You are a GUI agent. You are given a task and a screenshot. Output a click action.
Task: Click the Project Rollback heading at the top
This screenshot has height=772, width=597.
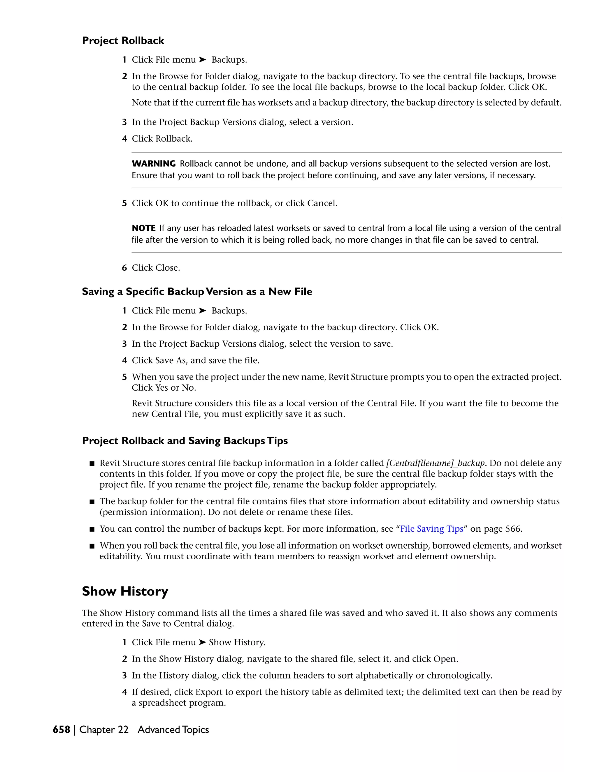123,41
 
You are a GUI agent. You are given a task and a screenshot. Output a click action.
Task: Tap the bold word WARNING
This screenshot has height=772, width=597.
154,164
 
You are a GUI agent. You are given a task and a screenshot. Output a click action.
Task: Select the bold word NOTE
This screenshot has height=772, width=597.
144,228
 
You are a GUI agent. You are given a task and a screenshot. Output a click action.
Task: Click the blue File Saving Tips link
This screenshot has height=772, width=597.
431,529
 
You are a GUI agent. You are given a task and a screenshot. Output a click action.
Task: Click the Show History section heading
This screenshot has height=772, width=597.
125,591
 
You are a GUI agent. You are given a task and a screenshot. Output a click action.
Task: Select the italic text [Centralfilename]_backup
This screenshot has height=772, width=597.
436,463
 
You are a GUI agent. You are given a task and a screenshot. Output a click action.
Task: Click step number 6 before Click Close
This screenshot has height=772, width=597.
124,268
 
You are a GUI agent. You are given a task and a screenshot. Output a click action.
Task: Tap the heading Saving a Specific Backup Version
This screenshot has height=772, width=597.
197,292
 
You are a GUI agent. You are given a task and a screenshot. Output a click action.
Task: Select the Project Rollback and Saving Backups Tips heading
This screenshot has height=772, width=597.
185,441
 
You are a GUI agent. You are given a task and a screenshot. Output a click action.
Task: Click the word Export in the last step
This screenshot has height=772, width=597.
209,692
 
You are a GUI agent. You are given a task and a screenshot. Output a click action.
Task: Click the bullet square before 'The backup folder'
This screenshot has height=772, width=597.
92,502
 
